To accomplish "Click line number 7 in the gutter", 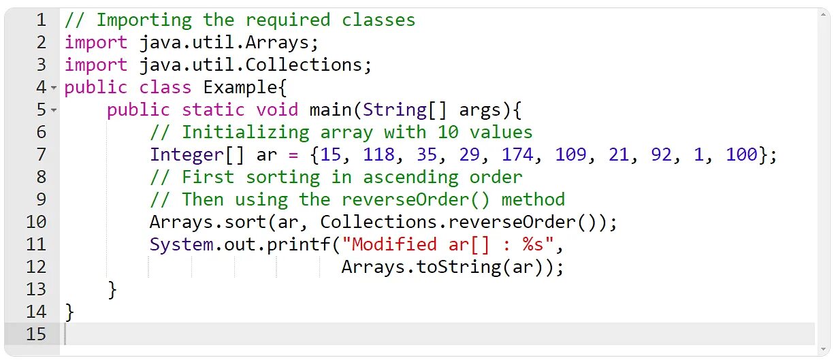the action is (40, 154).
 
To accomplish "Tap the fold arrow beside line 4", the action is (54, 88).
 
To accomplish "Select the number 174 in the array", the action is (518, 154).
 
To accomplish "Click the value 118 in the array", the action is (379, 154).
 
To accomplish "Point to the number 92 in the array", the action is (661, 154).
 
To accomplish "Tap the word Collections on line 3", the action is (304, 65).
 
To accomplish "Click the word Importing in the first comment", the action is (144, 20).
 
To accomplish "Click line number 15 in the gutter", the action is (36, 334).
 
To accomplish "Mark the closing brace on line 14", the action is (69, 312).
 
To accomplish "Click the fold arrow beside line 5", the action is (54, 110).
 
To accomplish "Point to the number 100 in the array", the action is (742, 154).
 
